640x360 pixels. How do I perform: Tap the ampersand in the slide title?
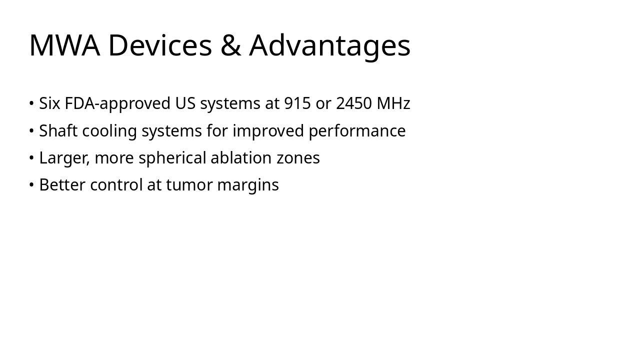230,45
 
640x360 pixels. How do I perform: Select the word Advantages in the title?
330,45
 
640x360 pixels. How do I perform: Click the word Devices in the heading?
159,45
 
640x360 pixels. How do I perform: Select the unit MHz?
393,103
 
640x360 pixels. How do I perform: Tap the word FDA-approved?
117,103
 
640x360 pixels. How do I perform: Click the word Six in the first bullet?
49,103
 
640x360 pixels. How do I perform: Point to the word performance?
357,131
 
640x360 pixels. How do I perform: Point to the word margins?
248,185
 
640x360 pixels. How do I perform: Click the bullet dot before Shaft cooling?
31,131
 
